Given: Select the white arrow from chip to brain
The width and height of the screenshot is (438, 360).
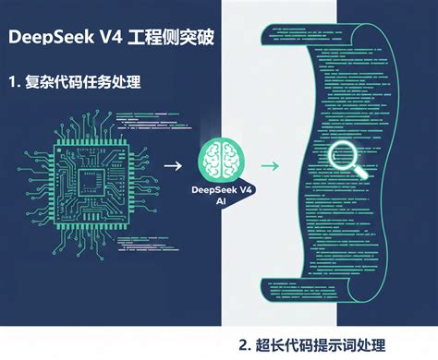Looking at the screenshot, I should click(173, 166).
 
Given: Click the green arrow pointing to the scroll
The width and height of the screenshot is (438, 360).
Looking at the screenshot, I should click(270, 166).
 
